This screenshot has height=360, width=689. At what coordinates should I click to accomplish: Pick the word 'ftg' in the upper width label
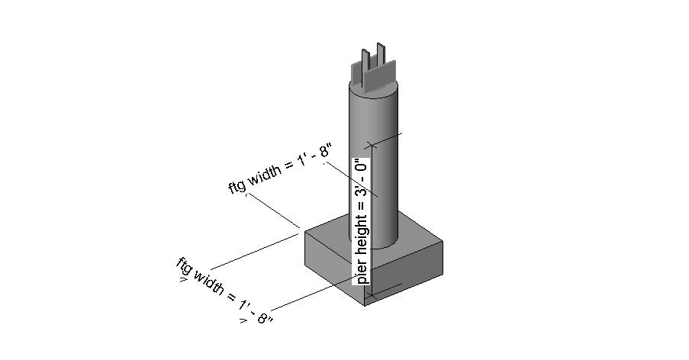(x=239, y=186)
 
